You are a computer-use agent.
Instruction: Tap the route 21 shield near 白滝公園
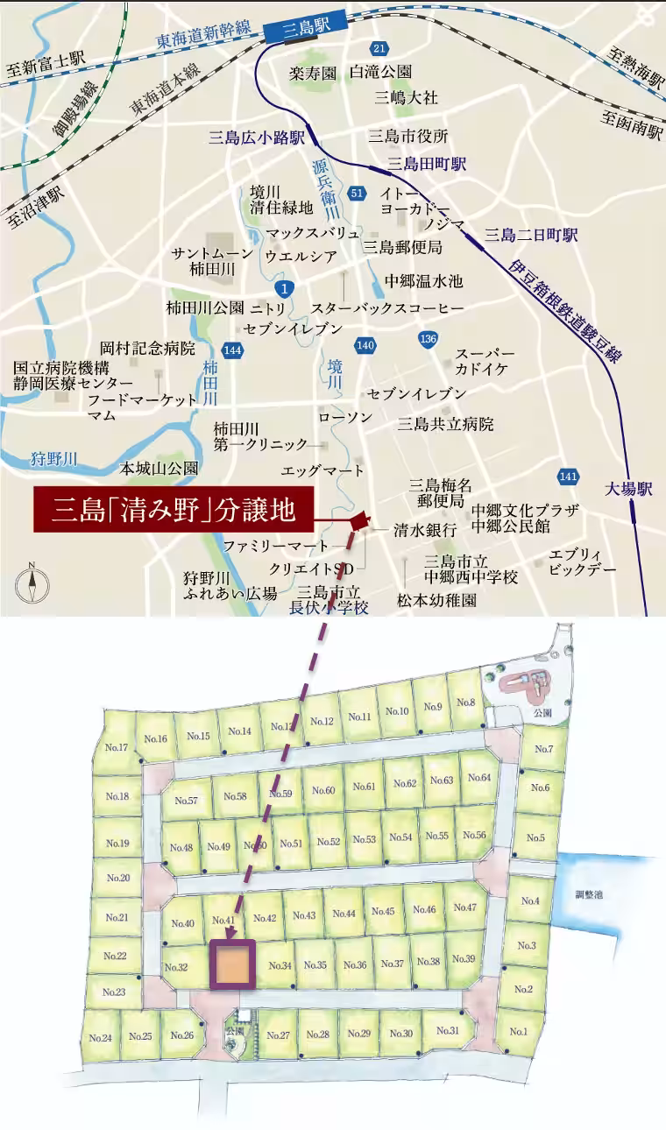point(379,47)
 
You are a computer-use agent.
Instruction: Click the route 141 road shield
point(568,476)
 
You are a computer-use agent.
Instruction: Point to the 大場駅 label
point(628,490)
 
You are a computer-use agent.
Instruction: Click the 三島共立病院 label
point(445,424)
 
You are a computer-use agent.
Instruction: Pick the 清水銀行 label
point(425,530)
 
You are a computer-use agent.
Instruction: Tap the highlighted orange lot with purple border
point(233,964)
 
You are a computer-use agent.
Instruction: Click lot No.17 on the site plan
point(117,747)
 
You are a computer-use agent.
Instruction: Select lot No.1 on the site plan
point(519,1031)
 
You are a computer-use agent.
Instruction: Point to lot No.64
point(480,778)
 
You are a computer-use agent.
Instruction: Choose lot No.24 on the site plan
point(100,1038)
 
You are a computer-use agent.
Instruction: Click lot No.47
point(464,908)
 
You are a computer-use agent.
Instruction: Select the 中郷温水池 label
point(423,281)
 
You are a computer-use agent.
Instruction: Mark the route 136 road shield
point(428,339)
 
